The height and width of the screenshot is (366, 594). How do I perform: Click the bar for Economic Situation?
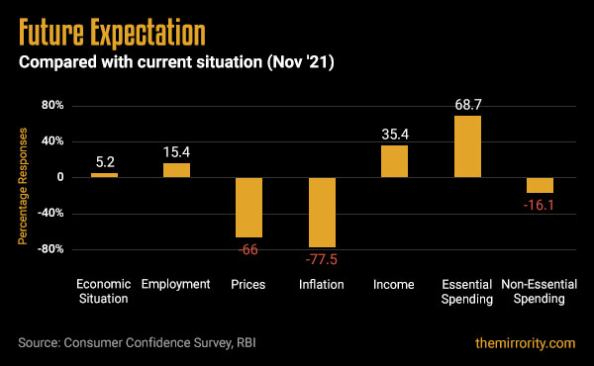104,175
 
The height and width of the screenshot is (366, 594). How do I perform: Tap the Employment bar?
176,169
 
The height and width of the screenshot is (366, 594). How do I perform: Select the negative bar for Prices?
248,207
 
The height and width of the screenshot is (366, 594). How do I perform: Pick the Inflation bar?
322,212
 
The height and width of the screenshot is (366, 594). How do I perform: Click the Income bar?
394,161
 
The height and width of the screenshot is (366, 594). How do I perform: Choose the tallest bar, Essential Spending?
467,146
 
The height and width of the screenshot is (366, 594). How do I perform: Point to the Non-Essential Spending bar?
540,185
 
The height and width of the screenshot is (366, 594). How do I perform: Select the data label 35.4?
394,133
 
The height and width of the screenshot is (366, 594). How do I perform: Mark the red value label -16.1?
540,205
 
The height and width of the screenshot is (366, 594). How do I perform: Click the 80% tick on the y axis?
52,106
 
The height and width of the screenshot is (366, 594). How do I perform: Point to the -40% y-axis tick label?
50,213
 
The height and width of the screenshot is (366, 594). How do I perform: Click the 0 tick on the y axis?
60,177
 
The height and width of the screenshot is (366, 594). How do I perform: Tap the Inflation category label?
322,285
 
